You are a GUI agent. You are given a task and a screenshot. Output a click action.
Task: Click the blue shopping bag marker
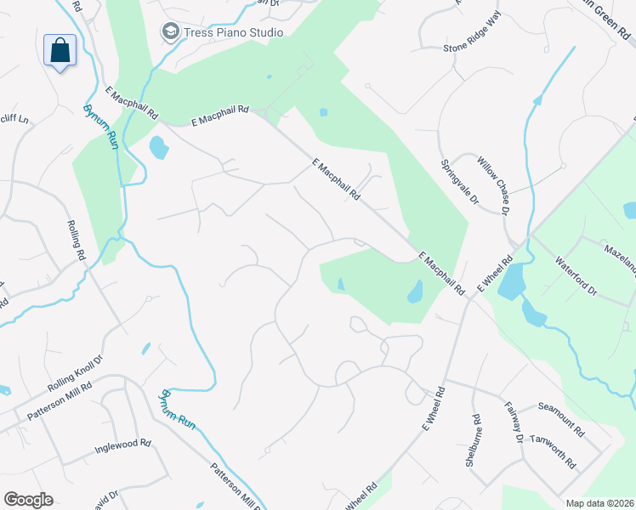tap(60, 51)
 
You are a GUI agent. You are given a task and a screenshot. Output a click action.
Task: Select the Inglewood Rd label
tap(122, 445)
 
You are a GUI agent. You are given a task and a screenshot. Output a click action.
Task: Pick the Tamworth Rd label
tap(553, 451)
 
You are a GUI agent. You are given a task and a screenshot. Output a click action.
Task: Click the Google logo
tap(28, 500)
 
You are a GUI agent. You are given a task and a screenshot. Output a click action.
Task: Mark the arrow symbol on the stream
tap(537, 100)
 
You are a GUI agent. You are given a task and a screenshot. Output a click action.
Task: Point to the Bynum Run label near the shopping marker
tap(99, 127)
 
